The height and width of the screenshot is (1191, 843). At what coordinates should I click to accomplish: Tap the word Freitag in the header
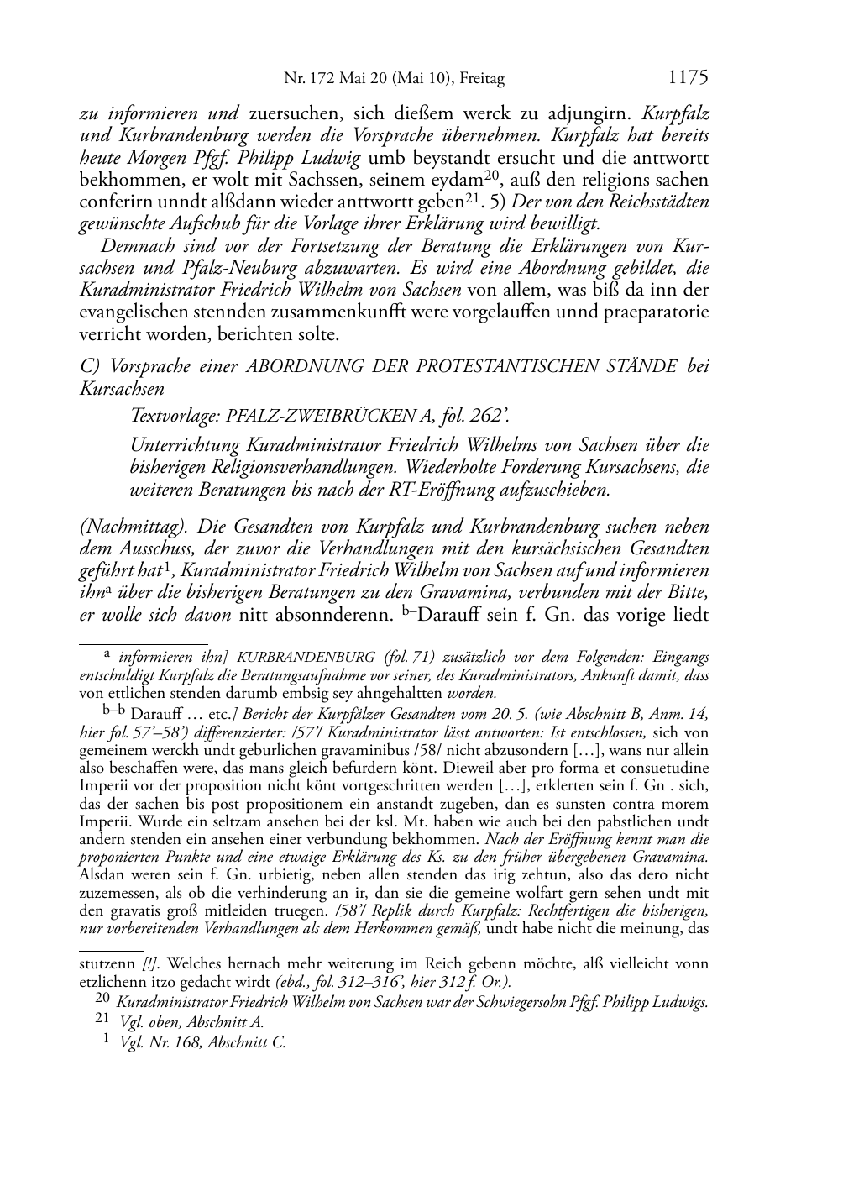pyautogui.click(x=482, y=80)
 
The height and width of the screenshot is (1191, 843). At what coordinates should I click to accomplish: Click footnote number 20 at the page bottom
pyautogui.click(x=102, y=1001)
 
